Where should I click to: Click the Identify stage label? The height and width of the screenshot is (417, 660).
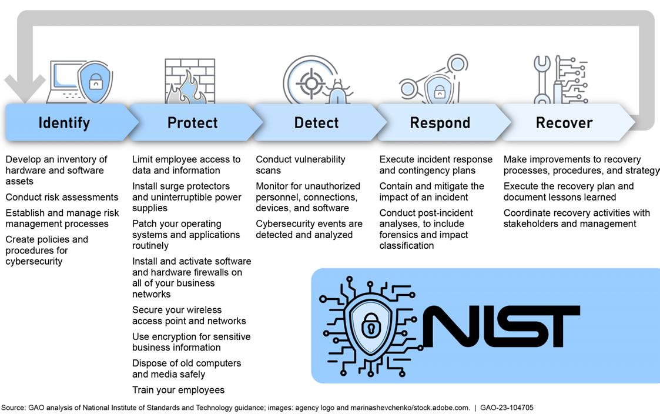64,123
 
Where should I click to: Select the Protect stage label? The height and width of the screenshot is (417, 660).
192,123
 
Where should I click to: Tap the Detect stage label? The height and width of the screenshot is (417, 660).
316,123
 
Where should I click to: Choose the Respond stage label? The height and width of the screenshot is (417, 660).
440,123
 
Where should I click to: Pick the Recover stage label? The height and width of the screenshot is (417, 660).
564,123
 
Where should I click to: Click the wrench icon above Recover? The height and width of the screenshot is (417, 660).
542,79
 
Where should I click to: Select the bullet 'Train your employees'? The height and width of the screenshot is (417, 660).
178,390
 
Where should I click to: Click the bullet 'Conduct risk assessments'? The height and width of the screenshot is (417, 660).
62,197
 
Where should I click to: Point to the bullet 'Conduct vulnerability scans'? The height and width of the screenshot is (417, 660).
300,165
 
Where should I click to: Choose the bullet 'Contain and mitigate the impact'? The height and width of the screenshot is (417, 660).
431,192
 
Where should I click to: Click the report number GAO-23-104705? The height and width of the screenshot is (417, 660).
507,408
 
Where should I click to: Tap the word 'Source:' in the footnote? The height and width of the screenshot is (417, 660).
13,408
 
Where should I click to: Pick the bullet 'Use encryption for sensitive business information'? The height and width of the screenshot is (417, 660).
191,342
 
